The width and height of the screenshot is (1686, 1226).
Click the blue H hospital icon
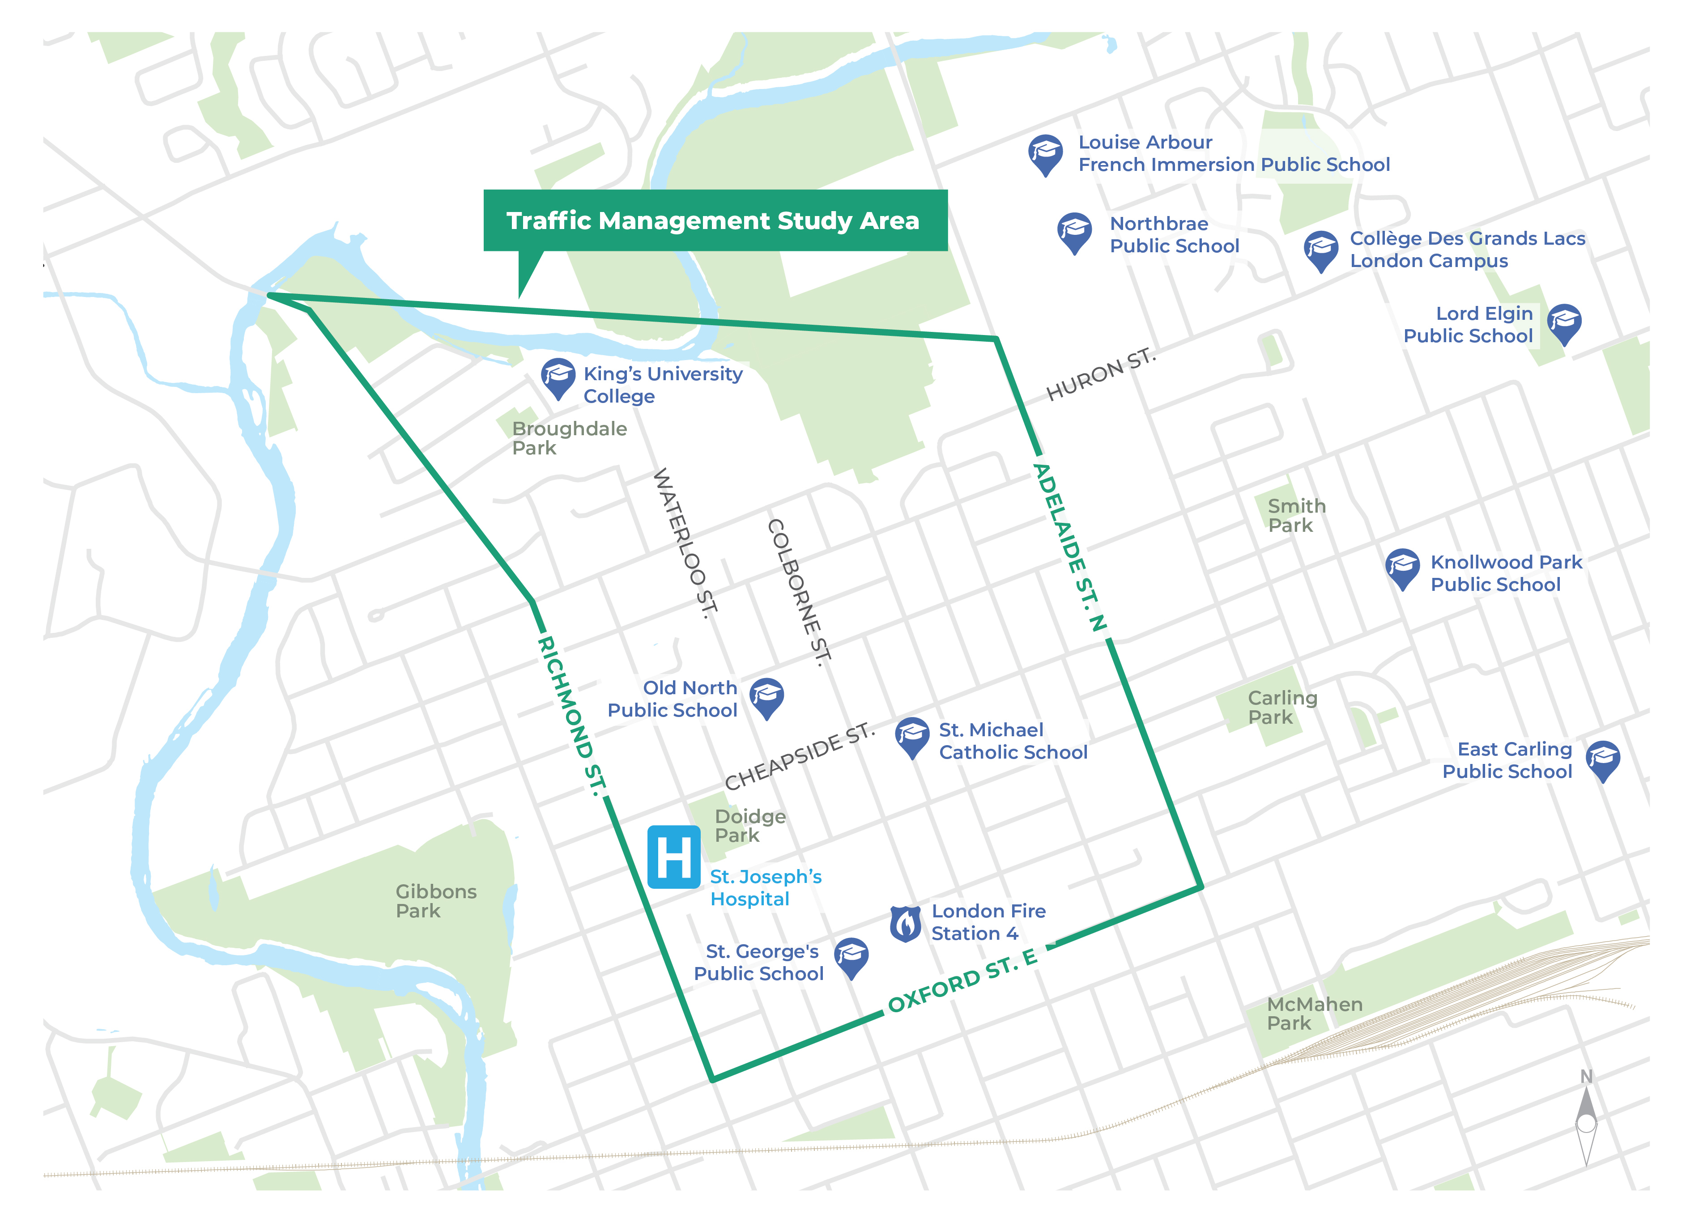673,857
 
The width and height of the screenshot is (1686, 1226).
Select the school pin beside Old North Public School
766,696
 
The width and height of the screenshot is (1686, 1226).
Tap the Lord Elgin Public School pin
1564,322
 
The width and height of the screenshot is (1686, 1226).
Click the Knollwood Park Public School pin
1403,568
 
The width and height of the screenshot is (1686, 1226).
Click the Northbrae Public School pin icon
1074,231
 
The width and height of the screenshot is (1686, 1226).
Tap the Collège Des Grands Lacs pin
1321,250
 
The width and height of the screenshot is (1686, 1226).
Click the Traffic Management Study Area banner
715,221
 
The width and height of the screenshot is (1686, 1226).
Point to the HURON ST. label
1101,374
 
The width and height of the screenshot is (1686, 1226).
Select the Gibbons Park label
436,900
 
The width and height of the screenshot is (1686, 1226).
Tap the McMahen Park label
1314,1014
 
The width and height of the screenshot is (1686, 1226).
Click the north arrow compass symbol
1586,1122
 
